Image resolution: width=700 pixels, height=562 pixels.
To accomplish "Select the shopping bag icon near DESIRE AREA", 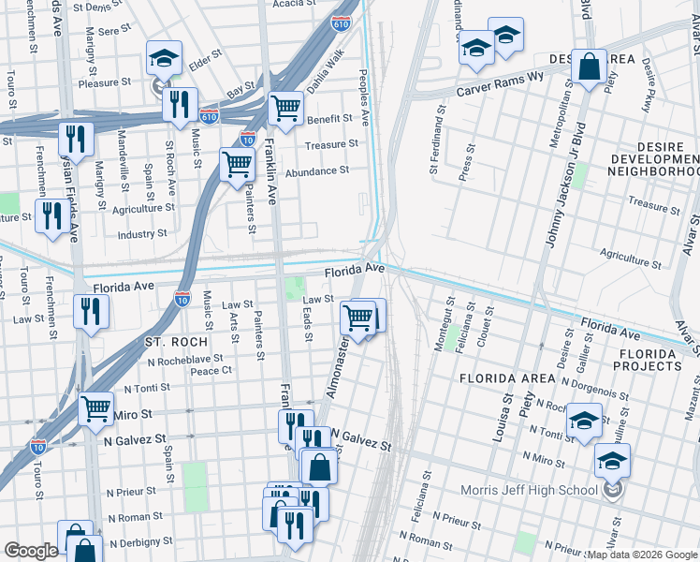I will tap(590, 68).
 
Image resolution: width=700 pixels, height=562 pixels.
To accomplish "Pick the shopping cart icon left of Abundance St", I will tap(237, 165).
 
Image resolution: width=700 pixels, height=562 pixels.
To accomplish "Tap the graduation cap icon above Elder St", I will tap(164, 60).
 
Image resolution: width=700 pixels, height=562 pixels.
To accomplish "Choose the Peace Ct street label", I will tap(211, 371).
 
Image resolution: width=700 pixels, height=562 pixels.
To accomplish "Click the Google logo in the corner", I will tap(31, 551).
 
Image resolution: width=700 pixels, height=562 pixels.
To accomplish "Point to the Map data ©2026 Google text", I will tap(642, 555).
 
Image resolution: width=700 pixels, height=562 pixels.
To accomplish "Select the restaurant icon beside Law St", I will tap(90, 311).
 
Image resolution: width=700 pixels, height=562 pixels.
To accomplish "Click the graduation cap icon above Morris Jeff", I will tap(612, 462).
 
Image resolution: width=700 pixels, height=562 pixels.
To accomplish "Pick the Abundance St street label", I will tap(317, 170).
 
